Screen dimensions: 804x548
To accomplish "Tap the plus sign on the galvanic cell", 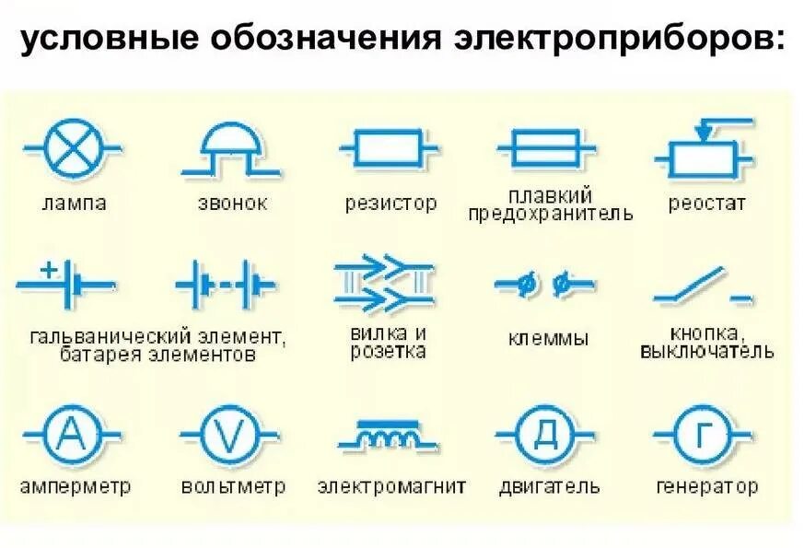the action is [x=50, y=271].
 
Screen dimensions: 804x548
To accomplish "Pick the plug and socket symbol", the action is [x=383, y=283].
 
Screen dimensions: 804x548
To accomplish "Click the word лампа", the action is [x=74, y=204].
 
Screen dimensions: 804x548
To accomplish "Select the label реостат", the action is [x=706, y=204].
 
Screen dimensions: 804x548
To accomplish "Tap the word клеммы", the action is [x=548, y=339].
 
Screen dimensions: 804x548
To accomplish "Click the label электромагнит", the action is [x=391, y=485].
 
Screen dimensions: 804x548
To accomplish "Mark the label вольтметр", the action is [x=233, y=485].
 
